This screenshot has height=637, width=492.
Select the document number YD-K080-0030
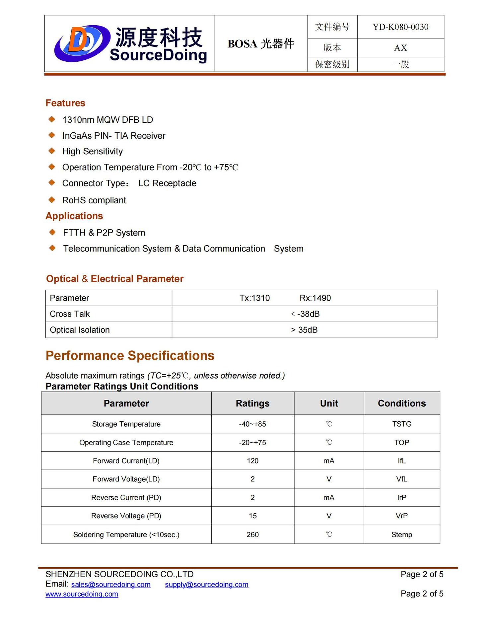[x=400, y=27]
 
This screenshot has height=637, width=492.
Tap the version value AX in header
[x=400, y=48]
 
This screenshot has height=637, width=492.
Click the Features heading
[x=65, y=103]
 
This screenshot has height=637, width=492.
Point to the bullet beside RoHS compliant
[x=52, y=200]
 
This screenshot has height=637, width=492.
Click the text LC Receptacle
[x=167, y=183]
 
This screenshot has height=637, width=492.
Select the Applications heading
[x=74, y=216]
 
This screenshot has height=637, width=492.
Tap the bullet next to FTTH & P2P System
[x=52, y=232]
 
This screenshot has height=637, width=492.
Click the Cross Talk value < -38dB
[x=305, y=314]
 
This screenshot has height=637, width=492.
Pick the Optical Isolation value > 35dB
[x=304, y=330]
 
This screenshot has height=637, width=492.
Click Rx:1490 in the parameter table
[x=315, y=298]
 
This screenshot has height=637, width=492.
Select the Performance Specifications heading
[x=130, y=356]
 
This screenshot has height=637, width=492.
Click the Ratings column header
[x=252, y=403]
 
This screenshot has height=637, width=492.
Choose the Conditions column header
[x=402, y=403]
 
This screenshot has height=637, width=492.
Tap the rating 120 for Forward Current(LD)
[x=252, y=461]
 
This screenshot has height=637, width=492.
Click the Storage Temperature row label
[x=126, y=424]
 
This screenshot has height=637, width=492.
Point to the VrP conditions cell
[x=402, y=516]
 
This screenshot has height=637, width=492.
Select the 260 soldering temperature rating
[x=252, y=534]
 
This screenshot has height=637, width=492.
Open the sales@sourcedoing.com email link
[x=111, y=585]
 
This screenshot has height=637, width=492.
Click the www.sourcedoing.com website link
[x=82, y=594]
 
